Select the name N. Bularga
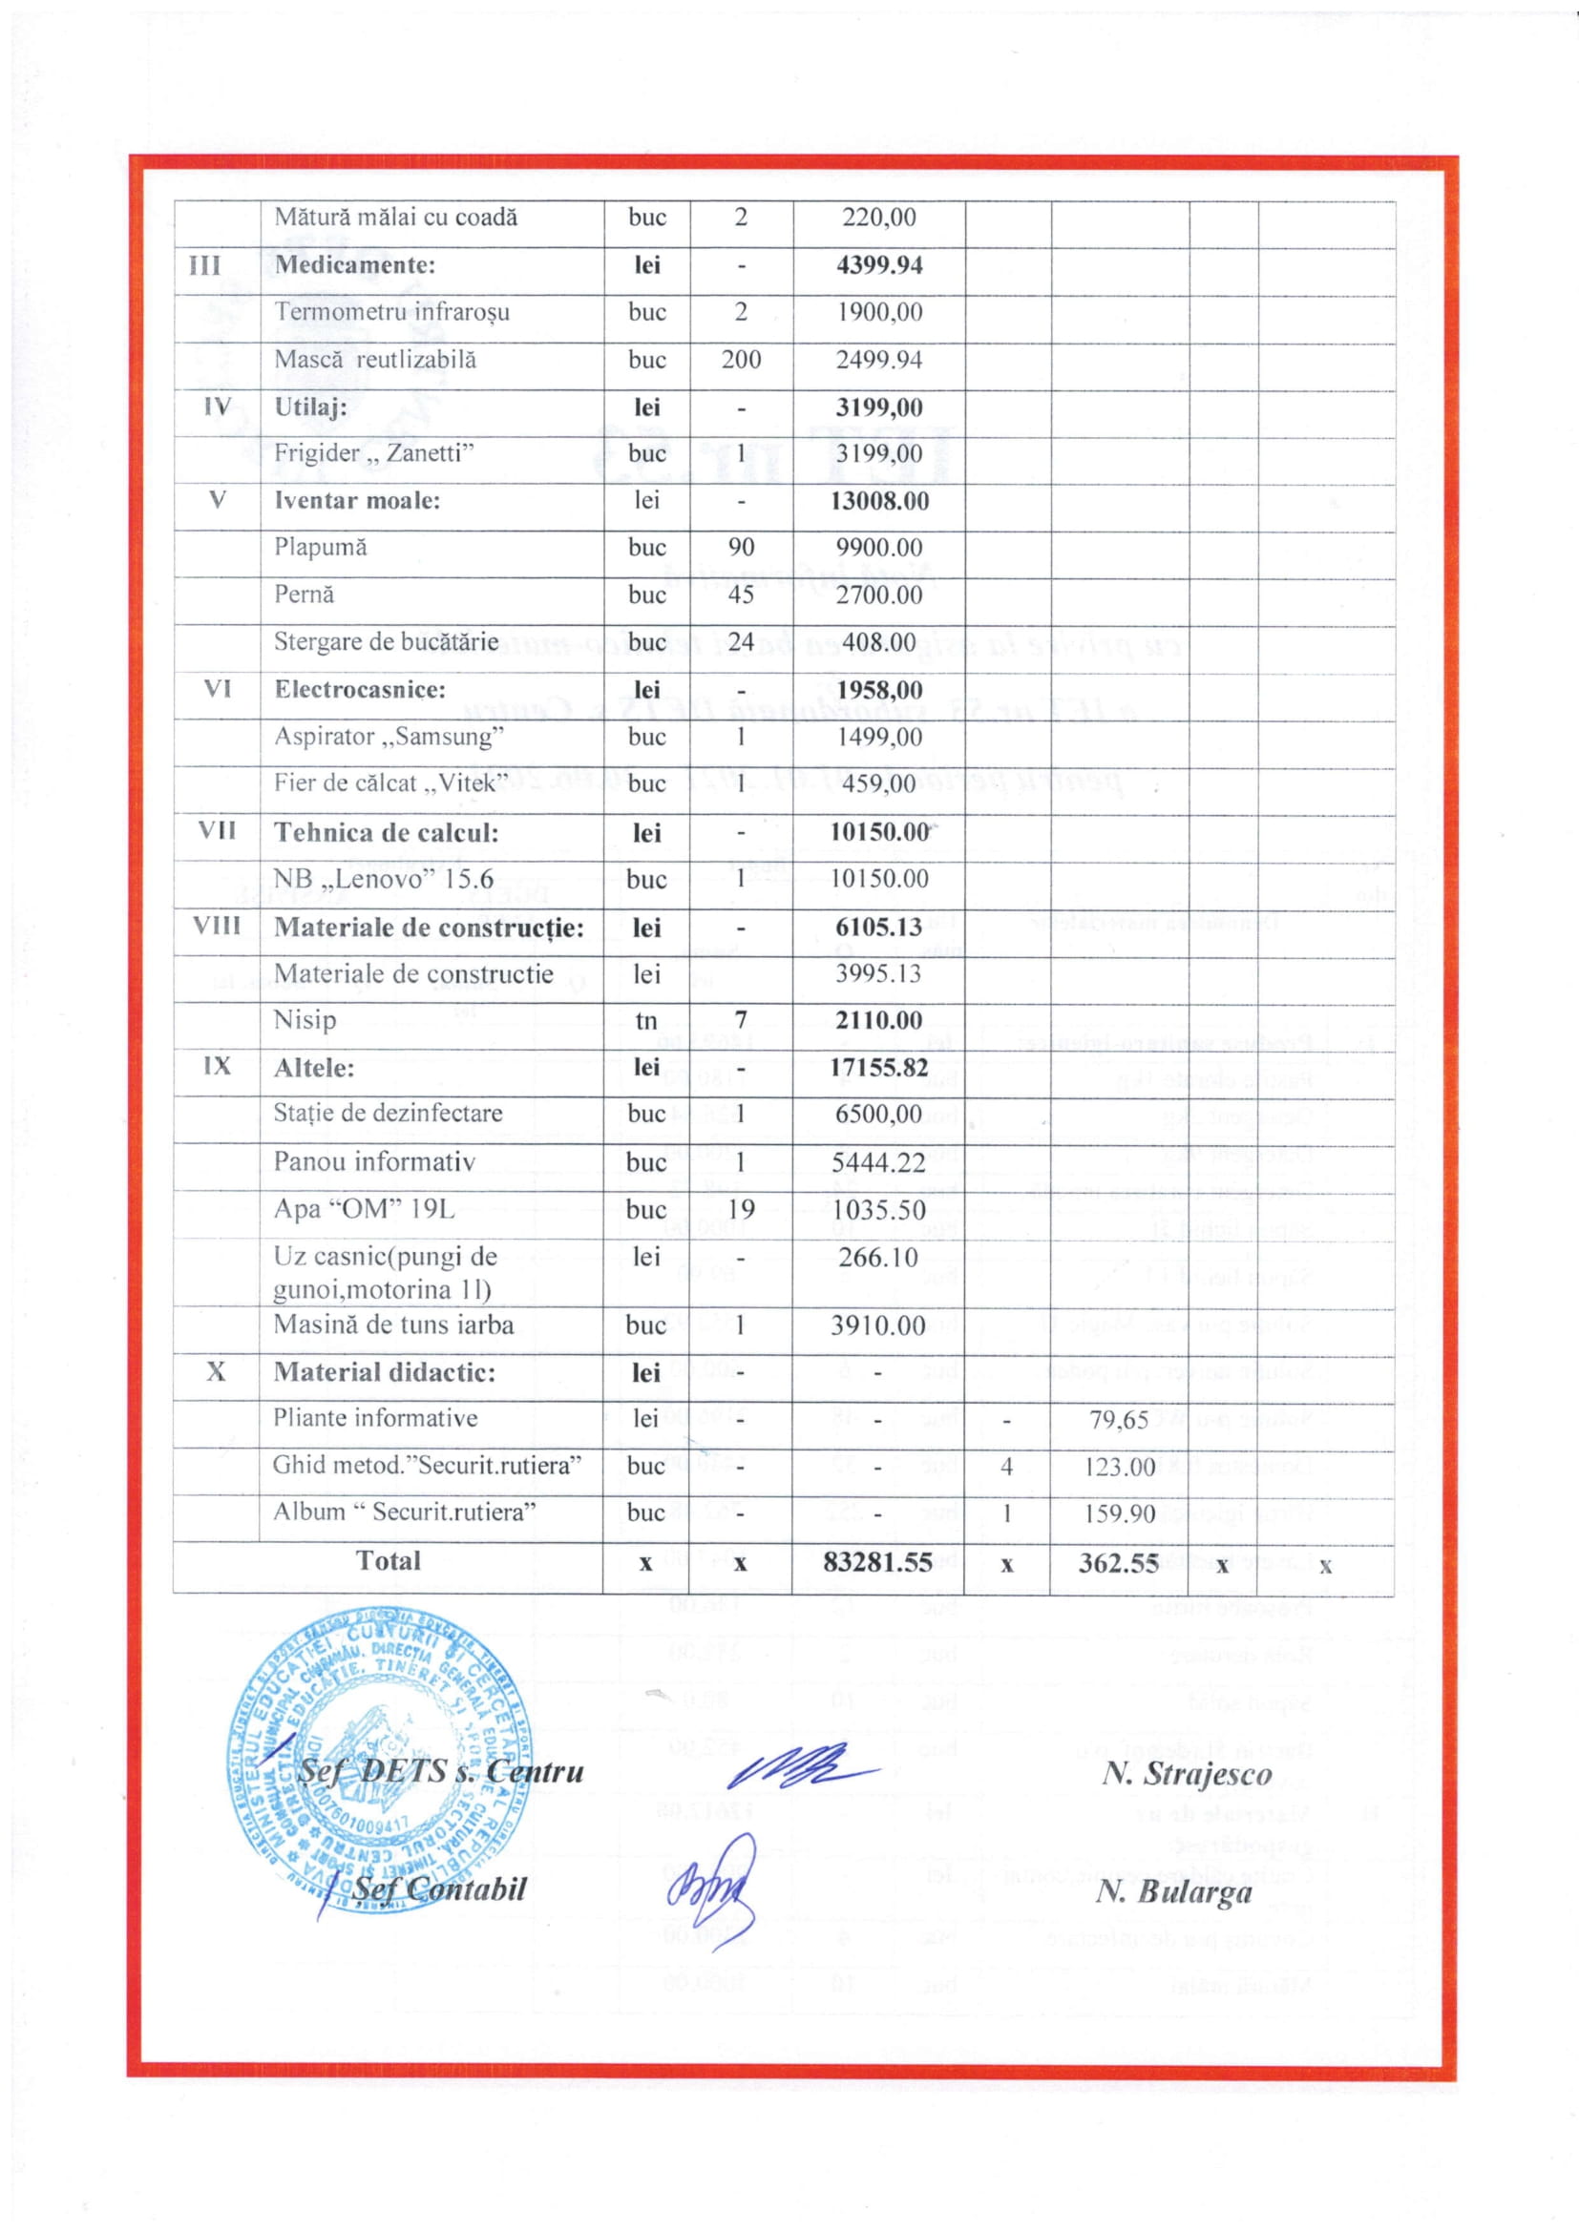click(1173, 1891)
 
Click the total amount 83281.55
click(877, 1562)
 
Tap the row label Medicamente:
click(355, 264)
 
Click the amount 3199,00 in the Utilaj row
click(879, 407)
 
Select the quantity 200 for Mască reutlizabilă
click(741, 360)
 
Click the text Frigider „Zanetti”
click(373, 453)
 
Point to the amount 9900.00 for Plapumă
click(879, 548)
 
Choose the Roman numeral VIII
click(217, 926)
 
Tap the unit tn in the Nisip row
click(645, 1021)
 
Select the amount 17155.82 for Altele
click(878, 1068)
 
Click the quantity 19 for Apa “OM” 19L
click(741, 1209)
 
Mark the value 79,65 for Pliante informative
click(1118, 1420)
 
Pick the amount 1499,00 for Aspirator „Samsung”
click(879, 737)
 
